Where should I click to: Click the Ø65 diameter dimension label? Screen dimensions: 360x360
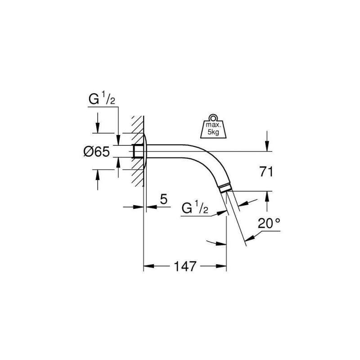[97, 152]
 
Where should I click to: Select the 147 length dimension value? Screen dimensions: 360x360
[185, 266]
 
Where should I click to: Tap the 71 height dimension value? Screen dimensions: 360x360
[266, 172]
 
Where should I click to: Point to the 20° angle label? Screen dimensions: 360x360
[269, 223]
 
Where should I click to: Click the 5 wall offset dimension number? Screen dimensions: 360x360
[163, 199]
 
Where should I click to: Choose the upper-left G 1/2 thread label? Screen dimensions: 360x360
[102, 98]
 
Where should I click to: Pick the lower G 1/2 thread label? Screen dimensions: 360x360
[195, 207]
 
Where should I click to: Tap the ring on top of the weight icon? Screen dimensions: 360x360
[213, 117]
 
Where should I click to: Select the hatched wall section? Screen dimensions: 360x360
[138, 151]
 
